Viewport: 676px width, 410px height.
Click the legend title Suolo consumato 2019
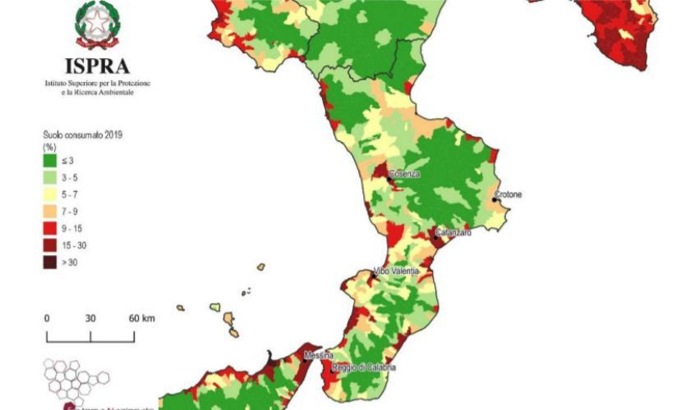[87, 134]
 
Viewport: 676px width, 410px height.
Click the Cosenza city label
[404, 175]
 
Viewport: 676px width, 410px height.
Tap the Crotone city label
[508, 195]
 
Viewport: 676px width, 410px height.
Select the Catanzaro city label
[453, 233]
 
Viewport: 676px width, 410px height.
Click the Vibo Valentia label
[397, 271]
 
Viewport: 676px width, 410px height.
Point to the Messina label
[318, 355]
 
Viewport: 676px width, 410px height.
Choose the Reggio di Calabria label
[364, 367]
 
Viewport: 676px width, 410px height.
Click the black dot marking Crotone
[494, 198]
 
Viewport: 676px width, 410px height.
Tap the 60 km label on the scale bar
[142, 318]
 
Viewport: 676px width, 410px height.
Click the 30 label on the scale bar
[90, 318]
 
